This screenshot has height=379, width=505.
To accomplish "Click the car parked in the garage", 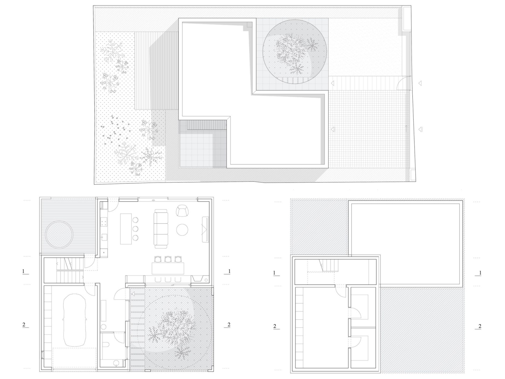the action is [x=74, y=320].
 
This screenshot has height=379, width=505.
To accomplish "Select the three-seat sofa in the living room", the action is [x=161, y=229].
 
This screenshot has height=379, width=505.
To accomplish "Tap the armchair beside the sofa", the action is [x=182, y=210].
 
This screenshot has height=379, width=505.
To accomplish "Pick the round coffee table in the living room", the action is [x=182, y=230].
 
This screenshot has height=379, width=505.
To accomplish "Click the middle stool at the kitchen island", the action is [x=135, y=229].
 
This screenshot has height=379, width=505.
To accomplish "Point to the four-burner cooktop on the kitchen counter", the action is [x=104, y=222].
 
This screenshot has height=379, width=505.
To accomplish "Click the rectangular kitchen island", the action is [x=126, y=229].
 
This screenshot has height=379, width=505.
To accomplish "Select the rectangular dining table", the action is [x=168, y=268].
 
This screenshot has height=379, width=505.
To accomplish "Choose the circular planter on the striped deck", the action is [x=59, y=234].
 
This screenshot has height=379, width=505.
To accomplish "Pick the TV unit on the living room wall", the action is [x=205, y=229].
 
